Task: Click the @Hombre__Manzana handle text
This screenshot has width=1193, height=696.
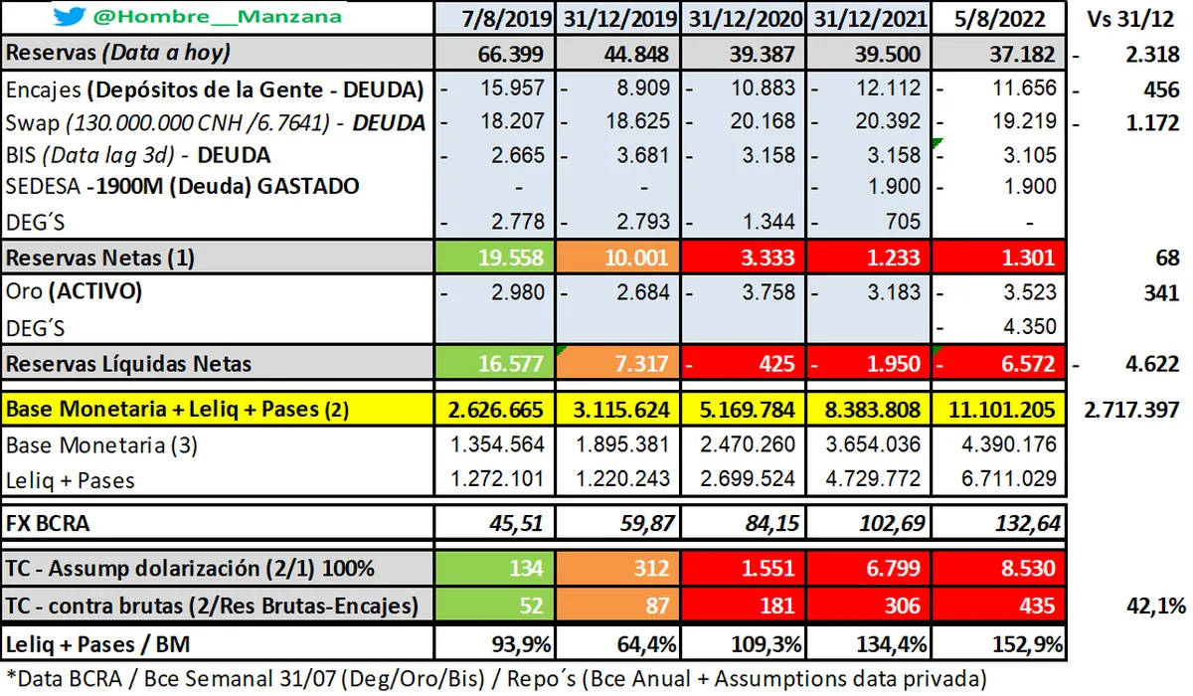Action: click(x=217, y=17)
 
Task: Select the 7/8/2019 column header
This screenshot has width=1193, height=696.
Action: click(x=494, y=18)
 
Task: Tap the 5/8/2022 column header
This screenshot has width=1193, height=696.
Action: click(x=1002, y=18)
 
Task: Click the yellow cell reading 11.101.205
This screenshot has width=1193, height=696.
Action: click(x=1002, y=410)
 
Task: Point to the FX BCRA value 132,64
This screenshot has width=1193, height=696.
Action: click(x=1024, y=522)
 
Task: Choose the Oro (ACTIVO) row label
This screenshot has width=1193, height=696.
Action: click(x=74, y=292)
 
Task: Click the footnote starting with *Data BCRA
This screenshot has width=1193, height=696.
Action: click(x=495, y=678)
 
